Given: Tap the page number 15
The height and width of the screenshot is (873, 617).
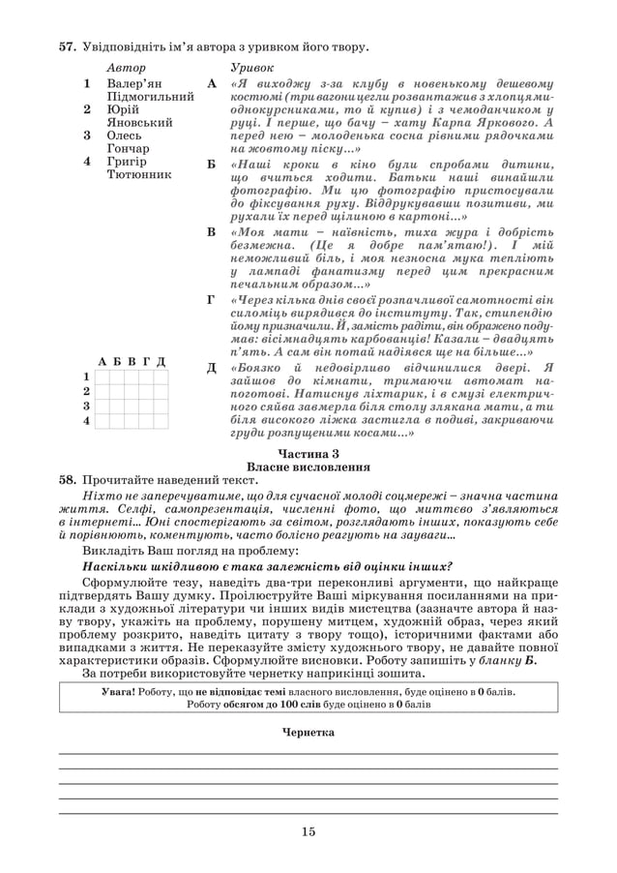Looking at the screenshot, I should pyautogui.click(x=308, y=830).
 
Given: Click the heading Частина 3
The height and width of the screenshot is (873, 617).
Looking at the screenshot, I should pyautogui.click(x=308, y=453).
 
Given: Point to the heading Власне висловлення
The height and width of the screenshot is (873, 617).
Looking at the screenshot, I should pyautogui.click(x=308, y=466).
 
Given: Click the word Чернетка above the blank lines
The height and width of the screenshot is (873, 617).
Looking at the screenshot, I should pyautogui.click(x=308, y=733).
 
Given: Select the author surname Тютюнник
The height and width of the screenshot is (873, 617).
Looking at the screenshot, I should pyautogui.click(x=139, y=175).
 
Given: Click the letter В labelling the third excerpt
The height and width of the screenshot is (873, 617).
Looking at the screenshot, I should pyautogui.click(x=212, y=233).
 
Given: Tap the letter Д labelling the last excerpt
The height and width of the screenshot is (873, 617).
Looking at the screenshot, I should pyautogui.click(x=212, y=368).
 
